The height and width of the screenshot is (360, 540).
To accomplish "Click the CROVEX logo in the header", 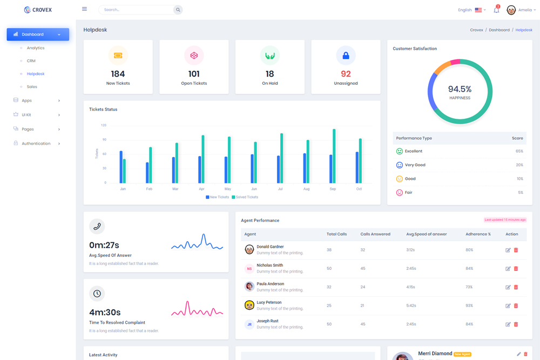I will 38,10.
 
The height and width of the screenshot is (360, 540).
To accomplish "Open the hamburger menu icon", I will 84,9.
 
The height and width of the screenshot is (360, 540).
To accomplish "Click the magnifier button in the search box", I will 178,10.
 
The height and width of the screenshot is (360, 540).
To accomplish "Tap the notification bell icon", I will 496,10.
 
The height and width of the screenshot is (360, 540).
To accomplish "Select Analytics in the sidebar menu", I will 36,48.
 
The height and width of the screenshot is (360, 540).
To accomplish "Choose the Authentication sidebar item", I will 36,144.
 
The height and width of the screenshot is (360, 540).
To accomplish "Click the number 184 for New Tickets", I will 118,74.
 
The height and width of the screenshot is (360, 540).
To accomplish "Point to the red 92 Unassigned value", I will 346,74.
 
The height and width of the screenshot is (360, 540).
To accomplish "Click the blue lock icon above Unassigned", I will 346,56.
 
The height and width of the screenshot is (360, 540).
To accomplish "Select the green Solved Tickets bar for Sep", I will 334,157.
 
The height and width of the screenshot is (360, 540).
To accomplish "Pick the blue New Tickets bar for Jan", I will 121,167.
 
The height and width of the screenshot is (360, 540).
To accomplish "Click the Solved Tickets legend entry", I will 246,197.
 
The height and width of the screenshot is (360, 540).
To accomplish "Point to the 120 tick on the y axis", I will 104,125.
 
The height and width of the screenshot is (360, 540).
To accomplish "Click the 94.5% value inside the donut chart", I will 460,89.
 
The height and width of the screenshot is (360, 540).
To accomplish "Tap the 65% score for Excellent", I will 519,151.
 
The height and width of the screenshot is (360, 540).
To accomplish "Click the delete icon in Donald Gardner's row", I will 516,250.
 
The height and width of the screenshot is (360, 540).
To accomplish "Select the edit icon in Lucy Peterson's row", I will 508,306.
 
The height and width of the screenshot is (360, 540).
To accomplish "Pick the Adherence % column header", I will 478,234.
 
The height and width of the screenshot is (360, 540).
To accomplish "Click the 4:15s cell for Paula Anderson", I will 411,287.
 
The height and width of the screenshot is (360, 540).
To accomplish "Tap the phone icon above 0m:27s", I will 97,227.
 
